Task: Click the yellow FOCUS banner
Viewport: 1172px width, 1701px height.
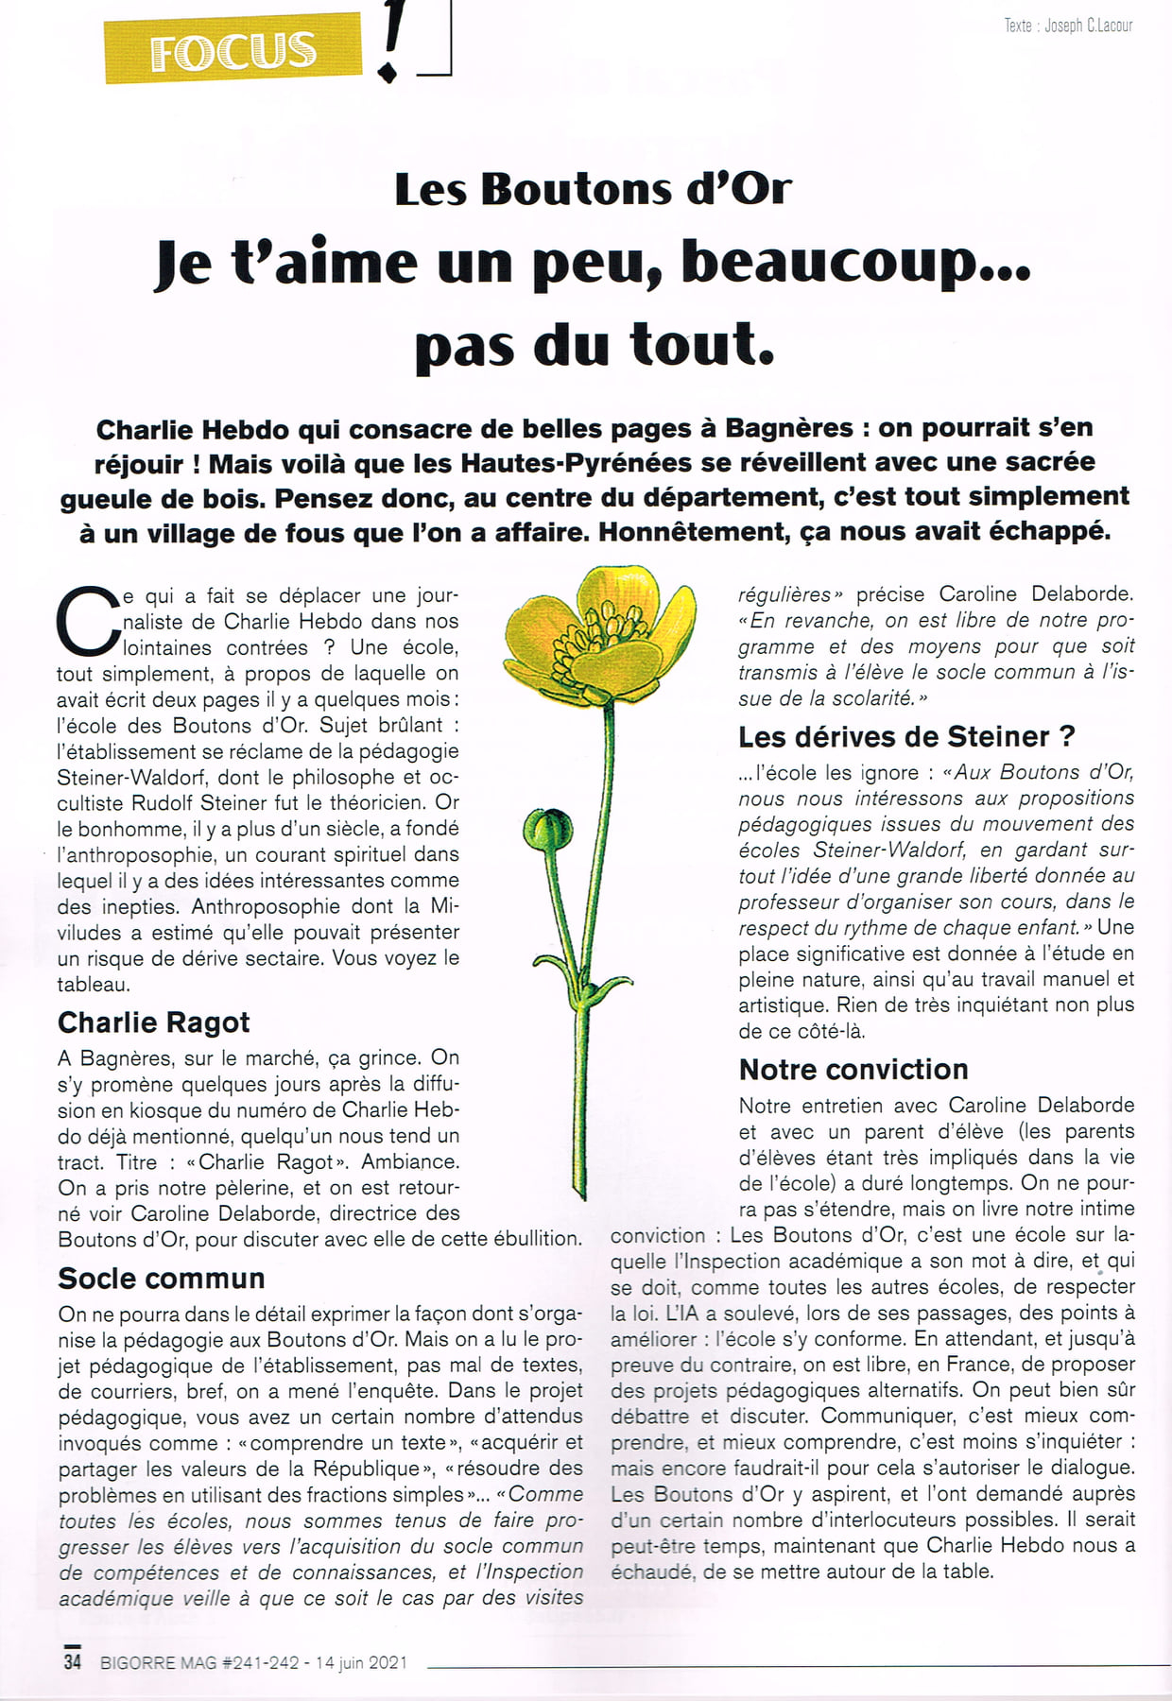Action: (233, 50)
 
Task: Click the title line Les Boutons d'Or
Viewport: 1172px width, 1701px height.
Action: (593, 189)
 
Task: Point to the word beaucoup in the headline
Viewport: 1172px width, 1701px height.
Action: (855, 262)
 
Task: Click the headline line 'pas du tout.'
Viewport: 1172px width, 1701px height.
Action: (595, 344)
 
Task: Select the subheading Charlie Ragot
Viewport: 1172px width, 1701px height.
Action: (153, 1022)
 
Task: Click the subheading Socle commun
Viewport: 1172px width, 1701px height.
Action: (162, 1279)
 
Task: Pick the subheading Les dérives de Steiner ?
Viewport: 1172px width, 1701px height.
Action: (906, 736)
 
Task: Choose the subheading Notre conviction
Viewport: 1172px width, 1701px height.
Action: (853, 1070)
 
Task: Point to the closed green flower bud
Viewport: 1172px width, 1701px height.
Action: (548, 829)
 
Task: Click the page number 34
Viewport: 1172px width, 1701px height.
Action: (73, 1660)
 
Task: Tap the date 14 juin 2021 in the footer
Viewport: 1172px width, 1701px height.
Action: (361, 1662)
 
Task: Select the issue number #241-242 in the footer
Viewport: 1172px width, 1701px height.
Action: (260, 1662)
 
